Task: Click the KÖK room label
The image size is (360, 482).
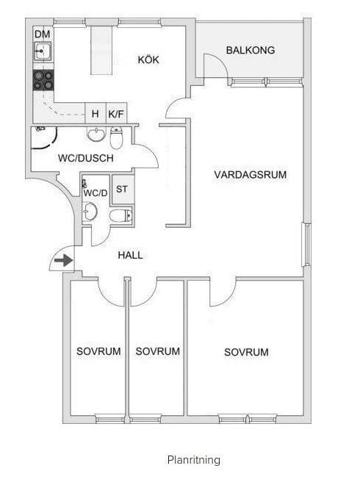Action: point(148,60)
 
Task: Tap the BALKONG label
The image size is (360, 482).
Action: point(251,50)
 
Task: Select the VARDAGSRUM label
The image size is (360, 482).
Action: point(251,175)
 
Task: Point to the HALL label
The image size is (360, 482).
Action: point(130,255)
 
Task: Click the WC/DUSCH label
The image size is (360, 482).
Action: point(86,158)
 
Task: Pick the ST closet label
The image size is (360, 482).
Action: point(122,189)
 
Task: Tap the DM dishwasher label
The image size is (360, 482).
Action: point(43,34)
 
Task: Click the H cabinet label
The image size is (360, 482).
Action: point(96,114)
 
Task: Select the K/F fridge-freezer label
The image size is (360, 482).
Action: point(116,114)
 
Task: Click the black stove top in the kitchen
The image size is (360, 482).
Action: point(43,80)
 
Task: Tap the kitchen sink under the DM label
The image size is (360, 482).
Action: point(43,51)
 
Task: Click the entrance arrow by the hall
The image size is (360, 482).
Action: point(64,260)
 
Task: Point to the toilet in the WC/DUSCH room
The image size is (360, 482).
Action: point(116,137)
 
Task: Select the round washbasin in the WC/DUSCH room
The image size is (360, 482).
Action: point(96,134)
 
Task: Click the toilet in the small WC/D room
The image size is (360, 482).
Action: point(120,215)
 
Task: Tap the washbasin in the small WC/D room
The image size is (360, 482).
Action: point(90,212)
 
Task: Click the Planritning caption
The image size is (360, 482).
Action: point(194,460)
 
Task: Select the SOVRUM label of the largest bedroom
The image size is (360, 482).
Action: point(246,352)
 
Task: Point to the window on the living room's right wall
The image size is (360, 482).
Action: point(307,244)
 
